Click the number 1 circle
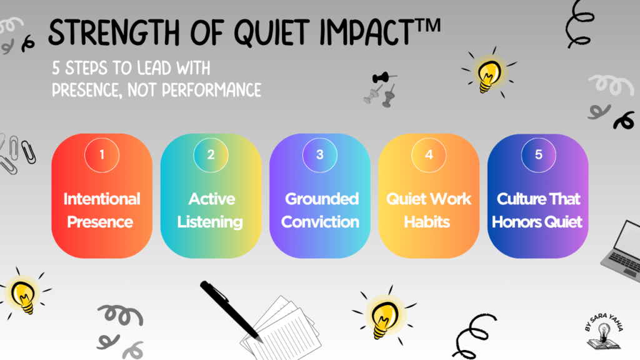pyautogui.click(x=102, y=155)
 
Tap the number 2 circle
pyautogui.click(x=211, y=155)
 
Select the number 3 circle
pyautogui.click(x=319, y=155)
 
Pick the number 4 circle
pyautogui.click(x=429, y=155)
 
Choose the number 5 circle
pyautogui.click(x=538, y=155)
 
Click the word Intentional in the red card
pyautogui.click(x=102, y=199)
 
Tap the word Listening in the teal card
pyautogui.click(x=210, y=222)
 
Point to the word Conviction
pyautogui.click(x=320, y=222)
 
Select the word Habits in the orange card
pyautogui.click(x=427, y=222)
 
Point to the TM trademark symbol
pyautogui.click(x=427, y=26)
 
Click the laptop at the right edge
pyautogui.click(x=622, y=251)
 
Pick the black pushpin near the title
pyautogui.click(x=383, y=77)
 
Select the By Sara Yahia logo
pyautogui.click(x=604, y=331)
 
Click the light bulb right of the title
pyautogui.click(x=489, y=74)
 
